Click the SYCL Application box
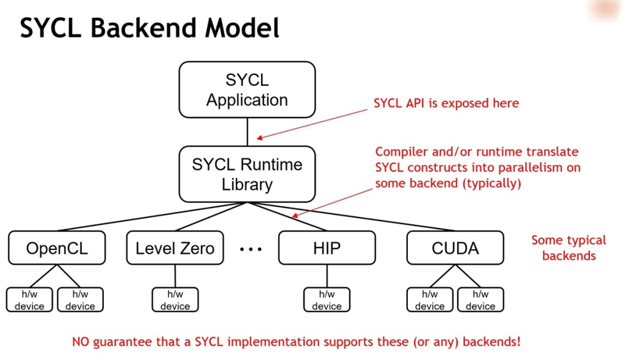point(247,90)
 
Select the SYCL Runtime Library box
point(247,174)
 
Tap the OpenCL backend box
point(57,248)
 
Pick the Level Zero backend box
point(175,248)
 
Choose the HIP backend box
point(326,248)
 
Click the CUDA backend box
point(455,248)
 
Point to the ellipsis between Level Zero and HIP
point(251,249)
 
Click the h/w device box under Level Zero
point(175,300)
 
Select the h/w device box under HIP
point(326,300)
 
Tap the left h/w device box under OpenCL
point(29,300)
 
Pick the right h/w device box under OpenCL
point(80,300)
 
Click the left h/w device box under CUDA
point(429,300)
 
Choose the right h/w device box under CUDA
point(480,300)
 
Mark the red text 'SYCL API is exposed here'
point(446,103)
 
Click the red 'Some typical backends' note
point(568,248)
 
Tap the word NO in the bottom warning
point(80,342)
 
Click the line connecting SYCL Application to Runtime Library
point(248,131)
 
